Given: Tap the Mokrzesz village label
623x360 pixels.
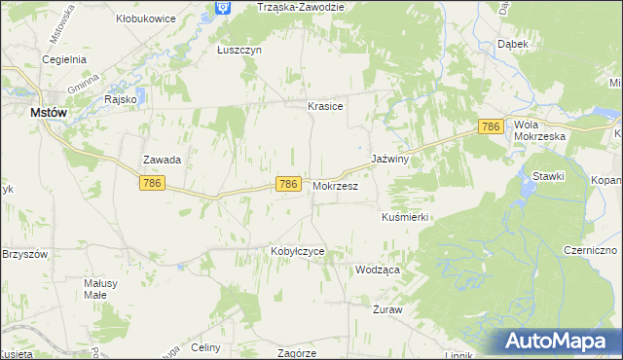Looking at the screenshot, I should click(336, 185).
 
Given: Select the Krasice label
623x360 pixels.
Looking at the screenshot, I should click(325, 106).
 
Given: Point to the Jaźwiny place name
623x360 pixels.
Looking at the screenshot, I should click(388, 159).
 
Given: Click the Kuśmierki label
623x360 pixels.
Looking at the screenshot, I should click(405, 217).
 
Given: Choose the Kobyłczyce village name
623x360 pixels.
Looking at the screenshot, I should click(297, 250).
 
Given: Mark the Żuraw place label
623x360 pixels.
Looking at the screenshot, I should click(387, 308).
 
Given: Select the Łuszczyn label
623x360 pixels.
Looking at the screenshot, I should click(239, 51).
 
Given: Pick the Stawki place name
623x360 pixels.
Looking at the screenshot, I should click(549, 175).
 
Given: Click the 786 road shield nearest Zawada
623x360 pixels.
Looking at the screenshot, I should click(151, 183).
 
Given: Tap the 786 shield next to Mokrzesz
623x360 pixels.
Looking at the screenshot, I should click(287, 184).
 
